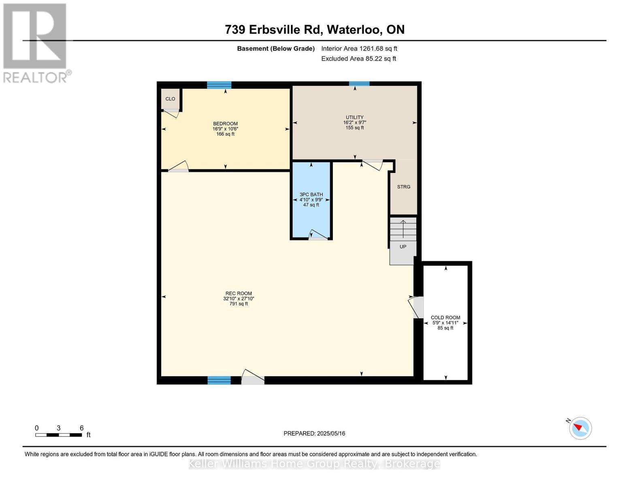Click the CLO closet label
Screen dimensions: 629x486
170,99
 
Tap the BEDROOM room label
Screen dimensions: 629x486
225,124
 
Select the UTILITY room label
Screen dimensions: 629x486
354,117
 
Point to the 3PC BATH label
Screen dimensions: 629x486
311,194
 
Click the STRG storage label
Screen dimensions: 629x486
403,187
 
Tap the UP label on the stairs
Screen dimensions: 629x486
403,247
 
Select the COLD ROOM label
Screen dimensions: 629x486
445,318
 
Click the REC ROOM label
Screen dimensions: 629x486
239,293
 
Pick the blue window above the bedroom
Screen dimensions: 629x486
219,85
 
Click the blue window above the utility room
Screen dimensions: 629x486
359,84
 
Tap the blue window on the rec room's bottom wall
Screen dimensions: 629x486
219,380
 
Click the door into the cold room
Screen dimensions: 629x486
416,307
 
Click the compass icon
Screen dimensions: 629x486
580,428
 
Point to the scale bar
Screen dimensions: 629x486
58,435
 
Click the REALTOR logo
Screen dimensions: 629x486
36,43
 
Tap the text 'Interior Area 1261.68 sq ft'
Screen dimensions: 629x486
359,49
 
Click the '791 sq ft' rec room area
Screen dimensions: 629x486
239,304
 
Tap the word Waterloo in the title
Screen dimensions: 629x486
354,30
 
